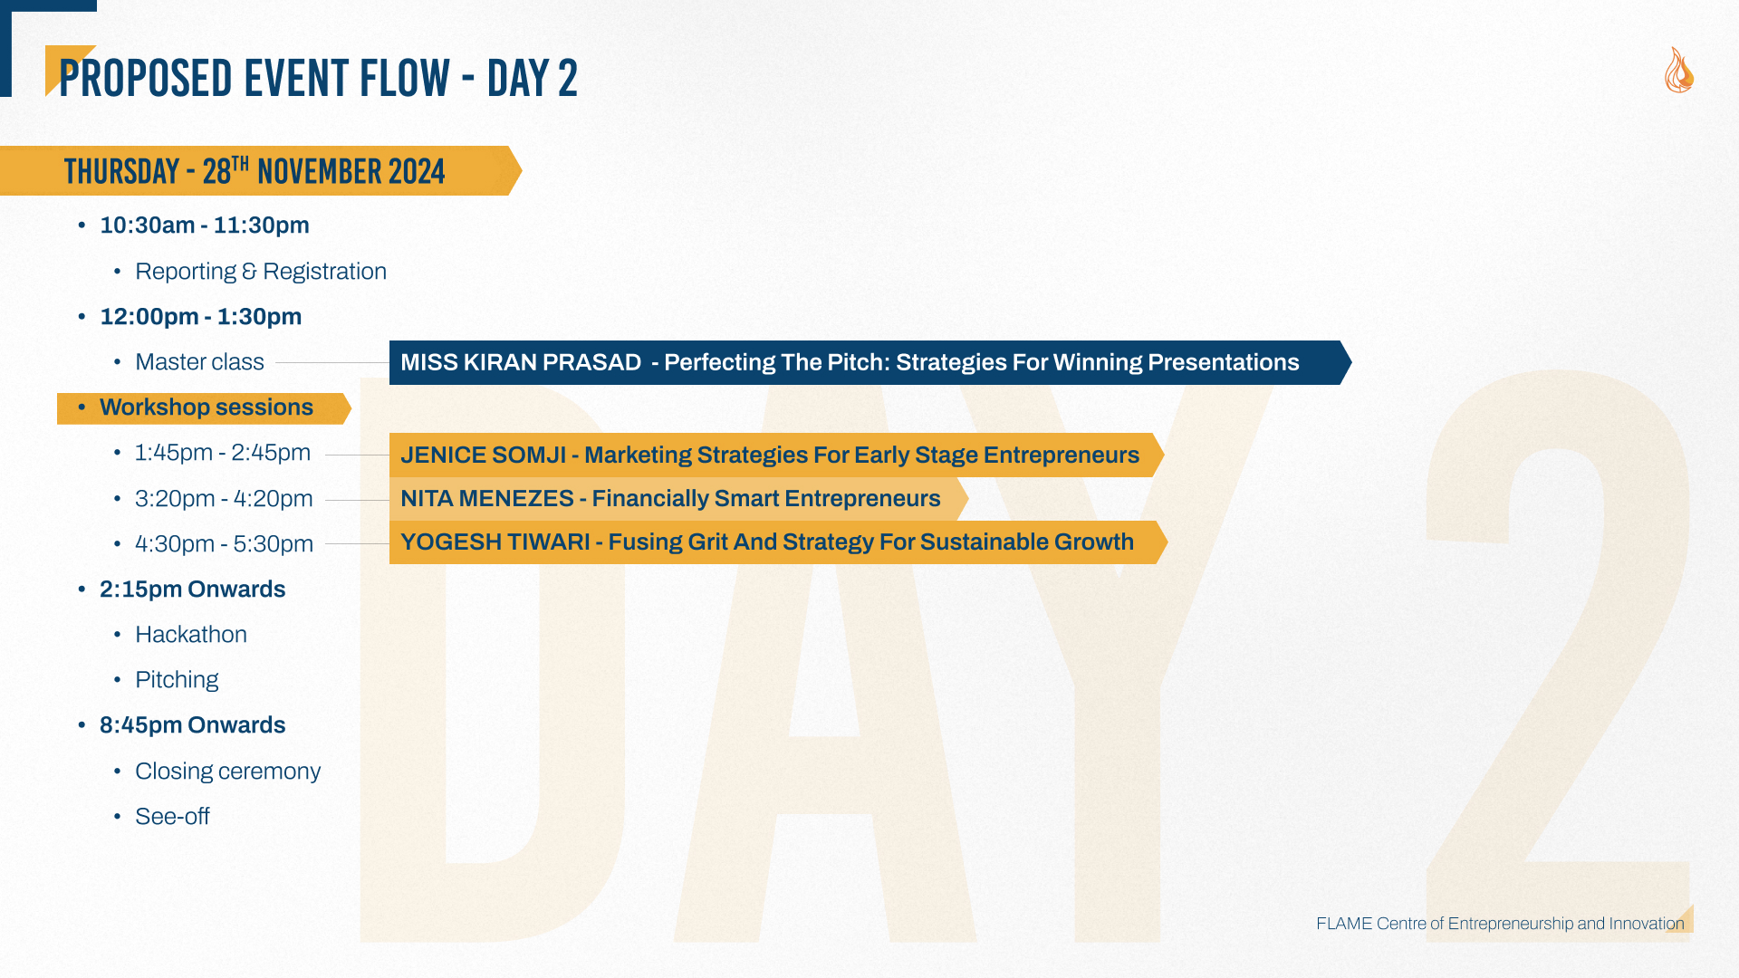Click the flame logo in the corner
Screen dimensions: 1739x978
(1679, 70)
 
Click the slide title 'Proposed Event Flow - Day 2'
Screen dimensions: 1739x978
(318, 78)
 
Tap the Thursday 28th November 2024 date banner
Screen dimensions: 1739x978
(261, 170)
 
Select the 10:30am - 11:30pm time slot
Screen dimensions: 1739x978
(205, 225)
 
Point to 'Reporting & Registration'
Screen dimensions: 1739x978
(261, 272)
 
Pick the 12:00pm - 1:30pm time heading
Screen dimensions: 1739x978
(201, 317)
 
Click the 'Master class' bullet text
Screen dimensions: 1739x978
(199, 362)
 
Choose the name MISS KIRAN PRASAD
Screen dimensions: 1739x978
(521, 362)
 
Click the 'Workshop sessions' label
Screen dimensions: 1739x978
(207, 407)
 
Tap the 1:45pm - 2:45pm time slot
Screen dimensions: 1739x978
(223, 453)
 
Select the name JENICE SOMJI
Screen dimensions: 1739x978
(483, 455)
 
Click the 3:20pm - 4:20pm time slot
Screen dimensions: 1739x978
(224, 499)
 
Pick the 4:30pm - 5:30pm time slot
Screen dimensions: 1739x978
(224, 544)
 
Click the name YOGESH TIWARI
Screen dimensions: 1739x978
(495, 542)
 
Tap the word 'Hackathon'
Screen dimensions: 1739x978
(191, 635)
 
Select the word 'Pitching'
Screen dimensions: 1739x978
(177, 680)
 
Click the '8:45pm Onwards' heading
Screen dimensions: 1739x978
(192, 725)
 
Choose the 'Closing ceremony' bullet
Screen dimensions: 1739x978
(227, 772)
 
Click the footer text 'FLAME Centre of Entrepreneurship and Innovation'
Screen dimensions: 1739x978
(1500, 924)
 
